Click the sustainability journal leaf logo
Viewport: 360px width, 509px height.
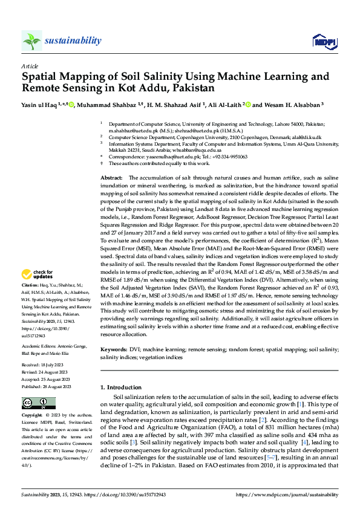(31, 41)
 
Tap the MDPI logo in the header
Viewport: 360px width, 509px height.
(324, 41)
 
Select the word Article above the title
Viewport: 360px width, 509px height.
(30, 66)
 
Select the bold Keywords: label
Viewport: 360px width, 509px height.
(114, 350)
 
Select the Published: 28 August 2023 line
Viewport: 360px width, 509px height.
(47, 386)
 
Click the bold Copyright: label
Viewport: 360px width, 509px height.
(32, 417)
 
